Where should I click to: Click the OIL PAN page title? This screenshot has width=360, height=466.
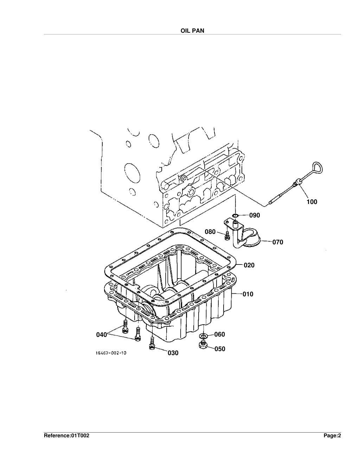(192, 31)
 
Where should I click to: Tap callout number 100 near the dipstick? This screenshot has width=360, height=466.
(312, 202)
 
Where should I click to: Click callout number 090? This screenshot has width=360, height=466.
(255, 215)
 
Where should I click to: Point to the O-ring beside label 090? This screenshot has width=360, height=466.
(235, 215)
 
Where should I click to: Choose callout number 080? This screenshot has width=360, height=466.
(210, 232)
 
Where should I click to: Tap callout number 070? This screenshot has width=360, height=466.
(278, 242)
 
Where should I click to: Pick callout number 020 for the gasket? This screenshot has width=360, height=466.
(249, 265)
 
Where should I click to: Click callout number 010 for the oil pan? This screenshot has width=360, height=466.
(248, 294)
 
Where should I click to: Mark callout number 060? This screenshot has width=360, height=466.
(219, 334)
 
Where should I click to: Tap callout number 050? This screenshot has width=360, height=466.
(220, 349)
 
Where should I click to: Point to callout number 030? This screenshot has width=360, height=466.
(173, 353)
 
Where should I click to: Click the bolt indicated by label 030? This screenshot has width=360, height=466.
(152, 343)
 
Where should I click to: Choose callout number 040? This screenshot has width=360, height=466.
(101, 334)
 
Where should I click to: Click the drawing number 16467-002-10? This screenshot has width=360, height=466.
(111, 353)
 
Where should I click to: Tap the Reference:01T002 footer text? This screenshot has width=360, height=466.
(66, 435)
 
